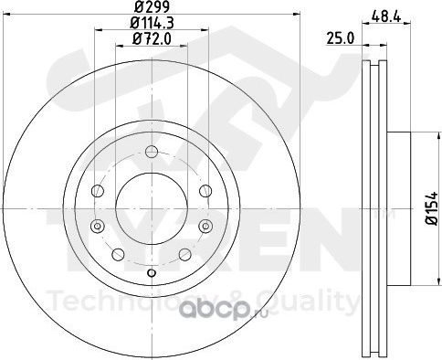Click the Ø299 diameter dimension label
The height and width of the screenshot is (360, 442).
152,6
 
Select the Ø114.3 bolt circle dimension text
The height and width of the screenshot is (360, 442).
152,23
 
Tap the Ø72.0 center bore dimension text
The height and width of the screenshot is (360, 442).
152,39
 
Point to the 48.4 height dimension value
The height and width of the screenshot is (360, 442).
386,16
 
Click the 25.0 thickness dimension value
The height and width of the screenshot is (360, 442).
341,38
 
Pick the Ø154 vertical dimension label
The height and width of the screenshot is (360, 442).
432,208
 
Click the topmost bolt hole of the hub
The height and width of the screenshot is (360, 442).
152,152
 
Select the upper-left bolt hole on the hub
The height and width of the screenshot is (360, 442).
98,191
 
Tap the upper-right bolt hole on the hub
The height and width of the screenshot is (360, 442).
205,191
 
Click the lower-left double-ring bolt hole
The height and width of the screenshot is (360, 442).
98,226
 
